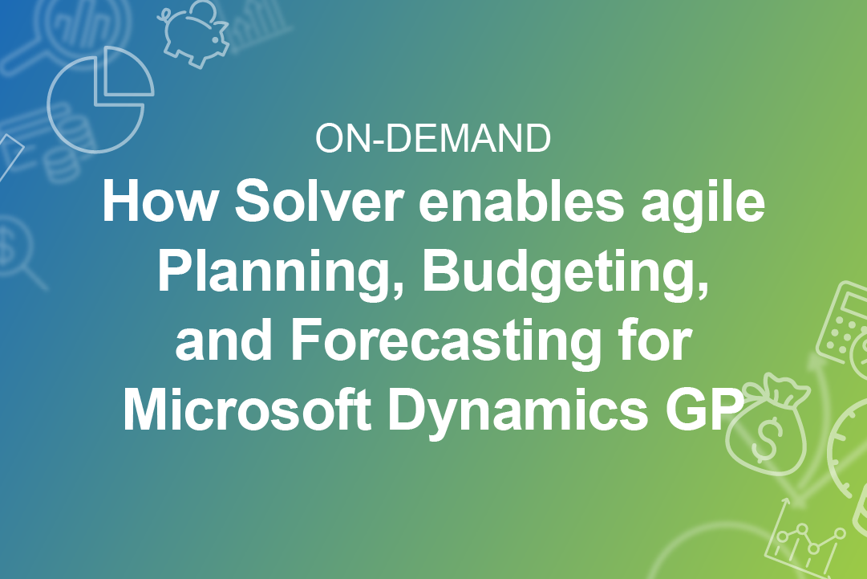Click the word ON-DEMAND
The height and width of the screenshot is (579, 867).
click(x=433, y=138)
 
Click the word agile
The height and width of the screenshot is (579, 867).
click(x=703, y=206)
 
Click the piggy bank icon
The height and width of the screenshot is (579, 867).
click(x=195, y=33)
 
